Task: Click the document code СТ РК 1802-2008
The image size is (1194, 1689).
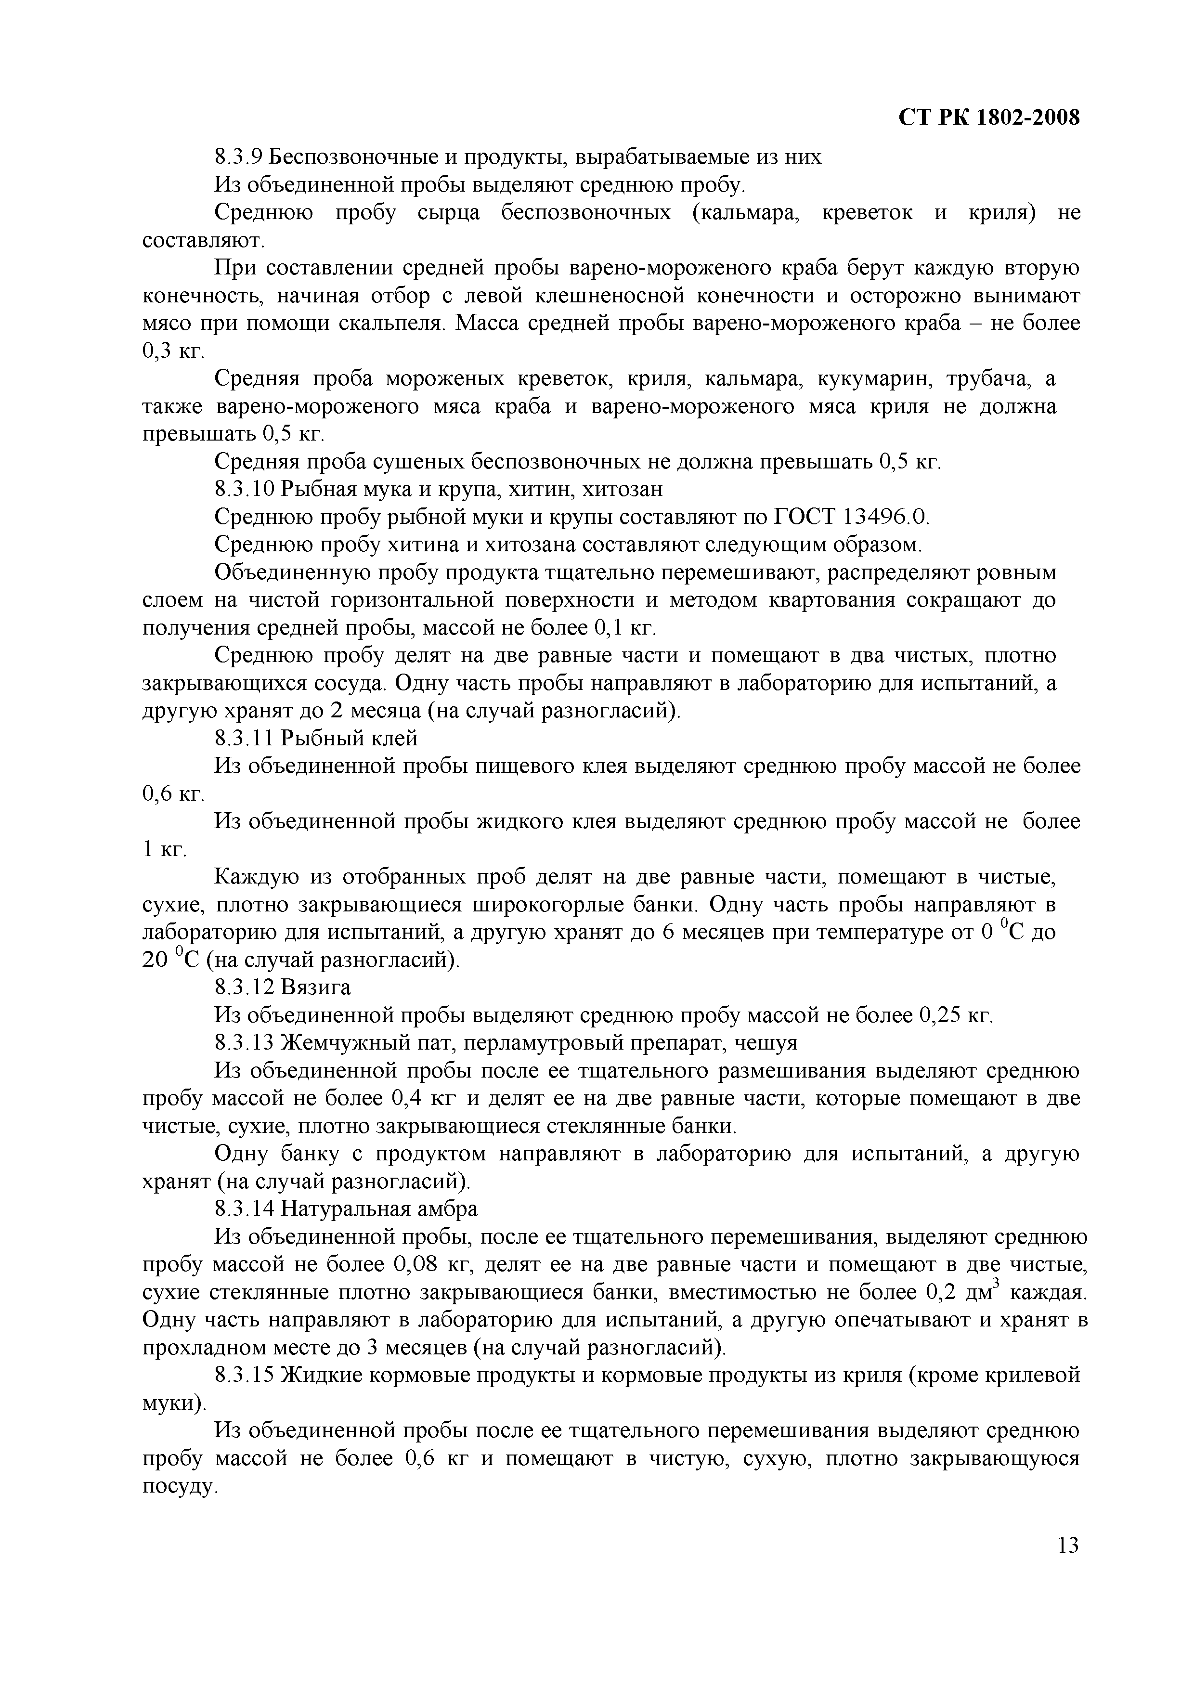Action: click(989, 117)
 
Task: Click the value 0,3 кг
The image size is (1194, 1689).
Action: click(173, 351)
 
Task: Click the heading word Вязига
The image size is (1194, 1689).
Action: click(316, 987)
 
